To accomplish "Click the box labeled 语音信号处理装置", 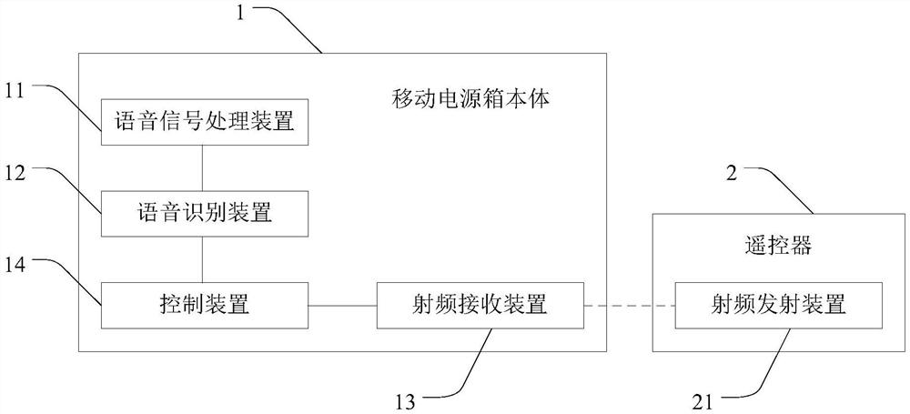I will click(x=205, y=122).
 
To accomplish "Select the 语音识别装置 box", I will click(x=205, y=214).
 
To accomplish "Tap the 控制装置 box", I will click(x=205, y=305).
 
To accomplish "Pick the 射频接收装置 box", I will click(x=480, y=305).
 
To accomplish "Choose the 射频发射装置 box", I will click(x=778, y=305).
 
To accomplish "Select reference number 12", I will click(x=18, y=170).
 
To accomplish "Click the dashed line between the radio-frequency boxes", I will click(x=628, y=306).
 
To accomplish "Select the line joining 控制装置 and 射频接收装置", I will click(x=343, y=306).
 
